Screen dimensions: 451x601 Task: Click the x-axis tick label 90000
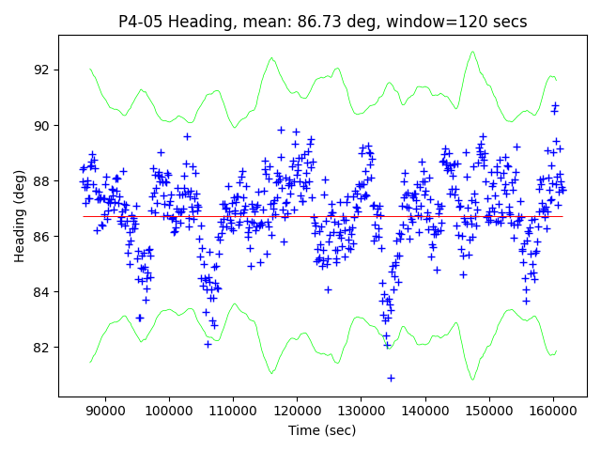(104, 412)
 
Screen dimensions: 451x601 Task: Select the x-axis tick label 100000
(169, 412)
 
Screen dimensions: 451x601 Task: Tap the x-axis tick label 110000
(233, 412)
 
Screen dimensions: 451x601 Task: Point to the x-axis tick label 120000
(297, 412)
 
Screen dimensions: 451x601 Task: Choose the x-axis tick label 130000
(361, 412)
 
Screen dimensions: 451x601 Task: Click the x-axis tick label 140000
(424, 412)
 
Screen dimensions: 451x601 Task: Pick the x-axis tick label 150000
(488, 412)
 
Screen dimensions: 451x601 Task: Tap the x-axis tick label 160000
(552, 412)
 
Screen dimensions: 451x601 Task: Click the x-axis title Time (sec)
(322, 430)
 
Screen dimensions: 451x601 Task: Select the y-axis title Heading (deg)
(20, 216)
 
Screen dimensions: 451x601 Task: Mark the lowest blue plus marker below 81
(391, 378)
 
